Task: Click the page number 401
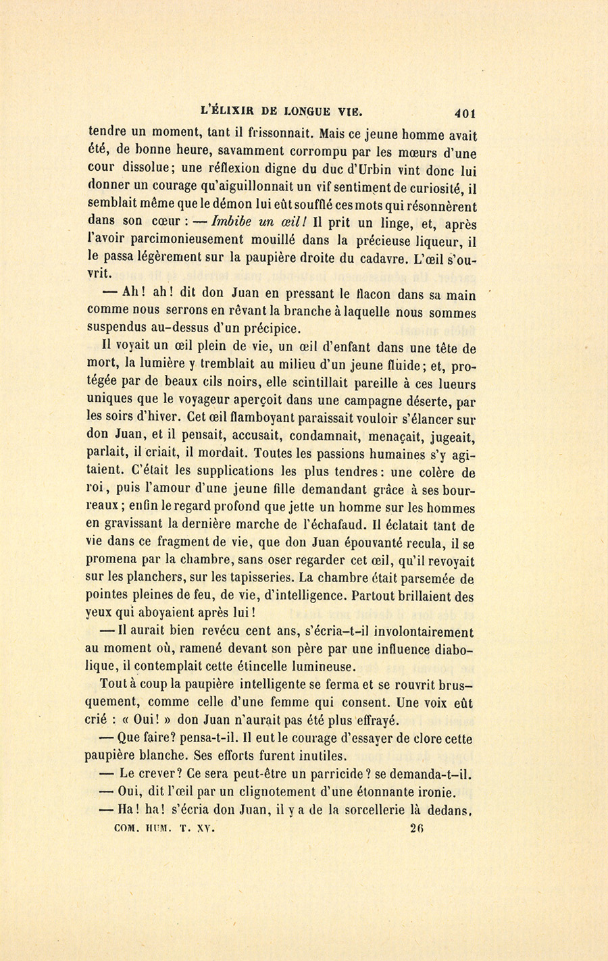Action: (466, 113)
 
